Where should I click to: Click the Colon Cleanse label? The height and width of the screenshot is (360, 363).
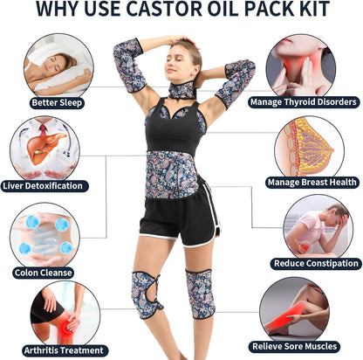[x=43, y=272]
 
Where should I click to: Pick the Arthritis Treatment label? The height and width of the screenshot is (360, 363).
[x=55, y=350]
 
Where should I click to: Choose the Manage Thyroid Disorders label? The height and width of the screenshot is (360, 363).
[x=303, y=102]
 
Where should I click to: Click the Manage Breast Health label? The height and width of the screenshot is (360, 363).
[x=311, y=183]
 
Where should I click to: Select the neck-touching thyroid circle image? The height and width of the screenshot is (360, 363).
[x=301, y=65]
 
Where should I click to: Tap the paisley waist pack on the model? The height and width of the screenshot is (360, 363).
[x=171, y=173]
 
